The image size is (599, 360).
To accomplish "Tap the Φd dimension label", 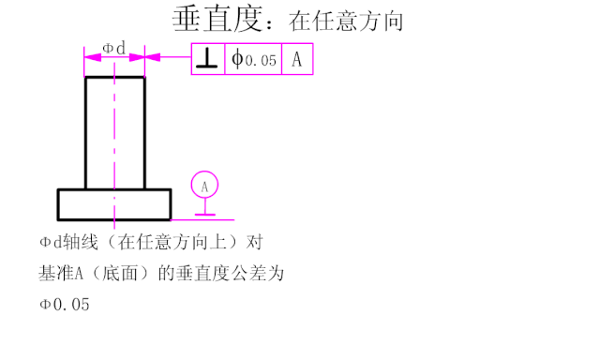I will pyautogui.click(x=113, y=47).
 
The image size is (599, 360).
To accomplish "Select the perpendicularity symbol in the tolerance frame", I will pyautogui.click(x=208, y=60).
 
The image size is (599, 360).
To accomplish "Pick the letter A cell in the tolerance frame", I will pyautogui.click(x=297, y=60).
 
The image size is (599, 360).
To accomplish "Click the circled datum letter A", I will pyautogui.click(x=204, y=186).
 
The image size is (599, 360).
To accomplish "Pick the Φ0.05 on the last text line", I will pyautogui.click(x=65, y=305).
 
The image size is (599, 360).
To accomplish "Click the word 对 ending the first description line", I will pyautogui.click(x=252, y=242).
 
